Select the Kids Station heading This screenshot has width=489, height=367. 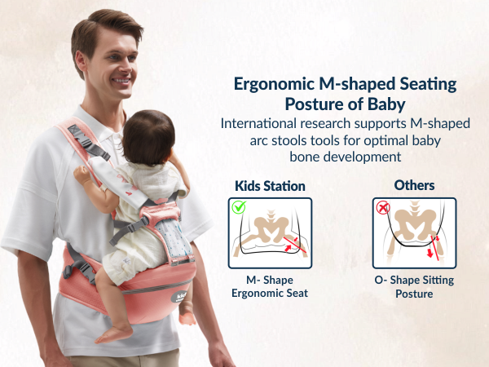coord(270,185)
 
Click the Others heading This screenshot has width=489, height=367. coord(414,185)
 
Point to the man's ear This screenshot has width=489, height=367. coord(80,66)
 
